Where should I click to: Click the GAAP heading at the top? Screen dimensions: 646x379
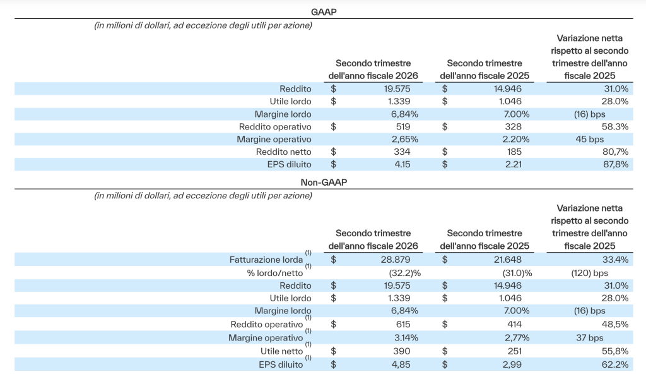pyautogui.click(x=324, y=12)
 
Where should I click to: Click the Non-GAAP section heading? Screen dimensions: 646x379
pyautogui.click(x=324, y=183)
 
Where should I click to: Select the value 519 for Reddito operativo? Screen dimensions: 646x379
pyautogui.click(x=403, y=126)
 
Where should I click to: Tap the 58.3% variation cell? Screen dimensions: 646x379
pyautogui.click(x=615, y=126)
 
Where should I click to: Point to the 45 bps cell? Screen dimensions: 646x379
pyautogui.click(x=590, y=140)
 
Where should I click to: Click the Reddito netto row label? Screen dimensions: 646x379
pyautogui.click(x=283, y=152)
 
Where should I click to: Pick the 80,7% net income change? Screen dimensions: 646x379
pyautogui.click(x=616, y=152)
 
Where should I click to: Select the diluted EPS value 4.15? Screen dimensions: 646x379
pyautogui.click(x=402, y=165)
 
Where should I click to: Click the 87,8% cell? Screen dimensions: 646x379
pyautogui.click(x=616, y=165)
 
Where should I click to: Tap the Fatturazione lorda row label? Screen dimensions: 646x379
pyautogui.click(x=266, y=260)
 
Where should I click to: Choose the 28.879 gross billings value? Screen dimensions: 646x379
pyautogui.click(x=395, y=260)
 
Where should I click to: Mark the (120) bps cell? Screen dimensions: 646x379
pyautogui.click(x=590, y=273)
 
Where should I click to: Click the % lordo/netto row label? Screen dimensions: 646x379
pyautogui.click(x=275, y=273)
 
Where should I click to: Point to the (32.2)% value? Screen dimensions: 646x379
pyautogui.click(x=405, y=273)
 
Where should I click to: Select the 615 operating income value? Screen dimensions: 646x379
pyautogui.click(x=403, y=325)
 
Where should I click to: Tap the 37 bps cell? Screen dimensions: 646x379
pyautogui.click(x=590, y=338)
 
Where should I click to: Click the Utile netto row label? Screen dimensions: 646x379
pyautogui.click(x=282, y=351)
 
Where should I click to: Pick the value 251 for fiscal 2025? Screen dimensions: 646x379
pyautogui.click(x=515, y=351)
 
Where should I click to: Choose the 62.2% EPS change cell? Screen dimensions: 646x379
pyautogui.click(x=615, y=364)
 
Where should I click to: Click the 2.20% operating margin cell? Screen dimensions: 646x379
pyautogui.click(x=516, y=140)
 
